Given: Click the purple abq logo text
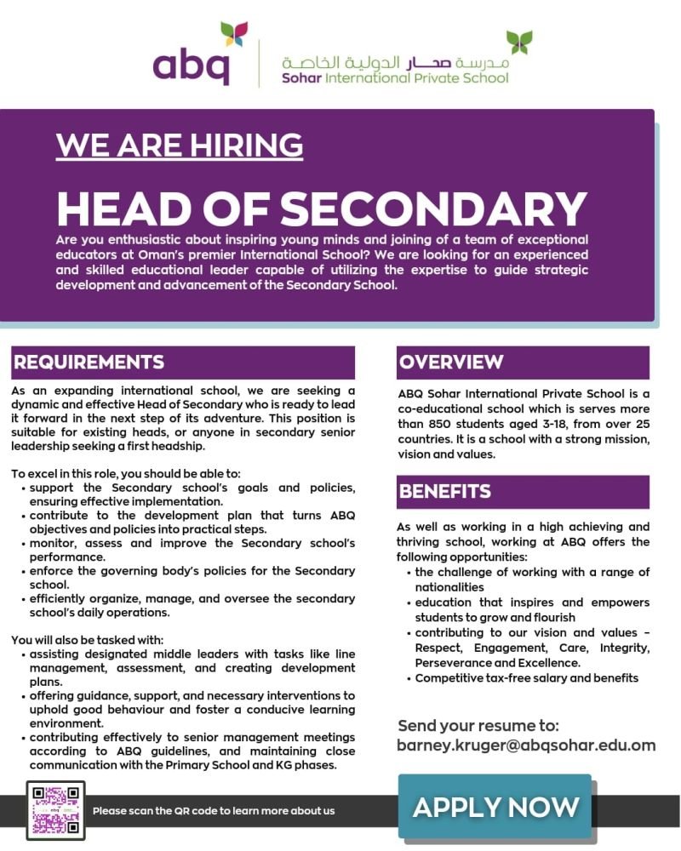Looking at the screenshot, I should point(191,64).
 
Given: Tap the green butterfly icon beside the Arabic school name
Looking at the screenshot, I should point(518,42).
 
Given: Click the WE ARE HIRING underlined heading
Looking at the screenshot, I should point(179,145).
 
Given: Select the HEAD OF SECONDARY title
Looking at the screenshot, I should point(322,208).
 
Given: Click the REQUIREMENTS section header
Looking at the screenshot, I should point(89,363).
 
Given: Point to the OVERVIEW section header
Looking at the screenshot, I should point(451,363).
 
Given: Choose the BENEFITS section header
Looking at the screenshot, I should point(445,492).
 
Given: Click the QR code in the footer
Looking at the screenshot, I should point(55,809).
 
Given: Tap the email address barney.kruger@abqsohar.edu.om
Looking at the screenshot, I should point(526,745).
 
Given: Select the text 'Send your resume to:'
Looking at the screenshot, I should point(478,726).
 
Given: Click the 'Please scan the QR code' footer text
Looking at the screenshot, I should point(214,811).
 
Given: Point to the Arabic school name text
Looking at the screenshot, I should point(396,63).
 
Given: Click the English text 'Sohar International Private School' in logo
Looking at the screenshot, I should point(395,78).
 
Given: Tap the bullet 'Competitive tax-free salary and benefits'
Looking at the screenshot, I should point(526,678).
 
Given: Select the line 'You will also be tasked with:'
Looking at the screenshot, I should point(88,640).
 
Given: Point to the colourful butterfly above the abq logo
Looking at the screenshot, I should point(233,34).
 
